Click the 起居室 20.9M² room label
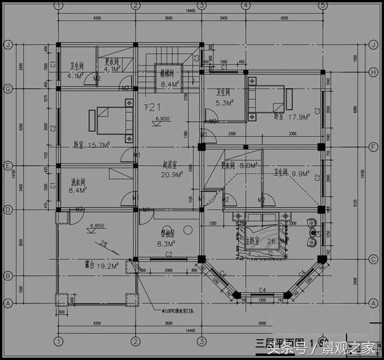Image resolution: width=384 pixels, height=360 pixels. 172,169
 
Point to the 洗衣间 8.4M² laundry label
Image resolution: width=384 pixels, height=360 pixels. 79,186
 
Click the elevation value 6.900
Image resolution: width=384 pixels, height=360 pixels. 162,119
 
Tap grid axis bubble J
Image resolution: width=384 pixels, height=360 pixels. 8,45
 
